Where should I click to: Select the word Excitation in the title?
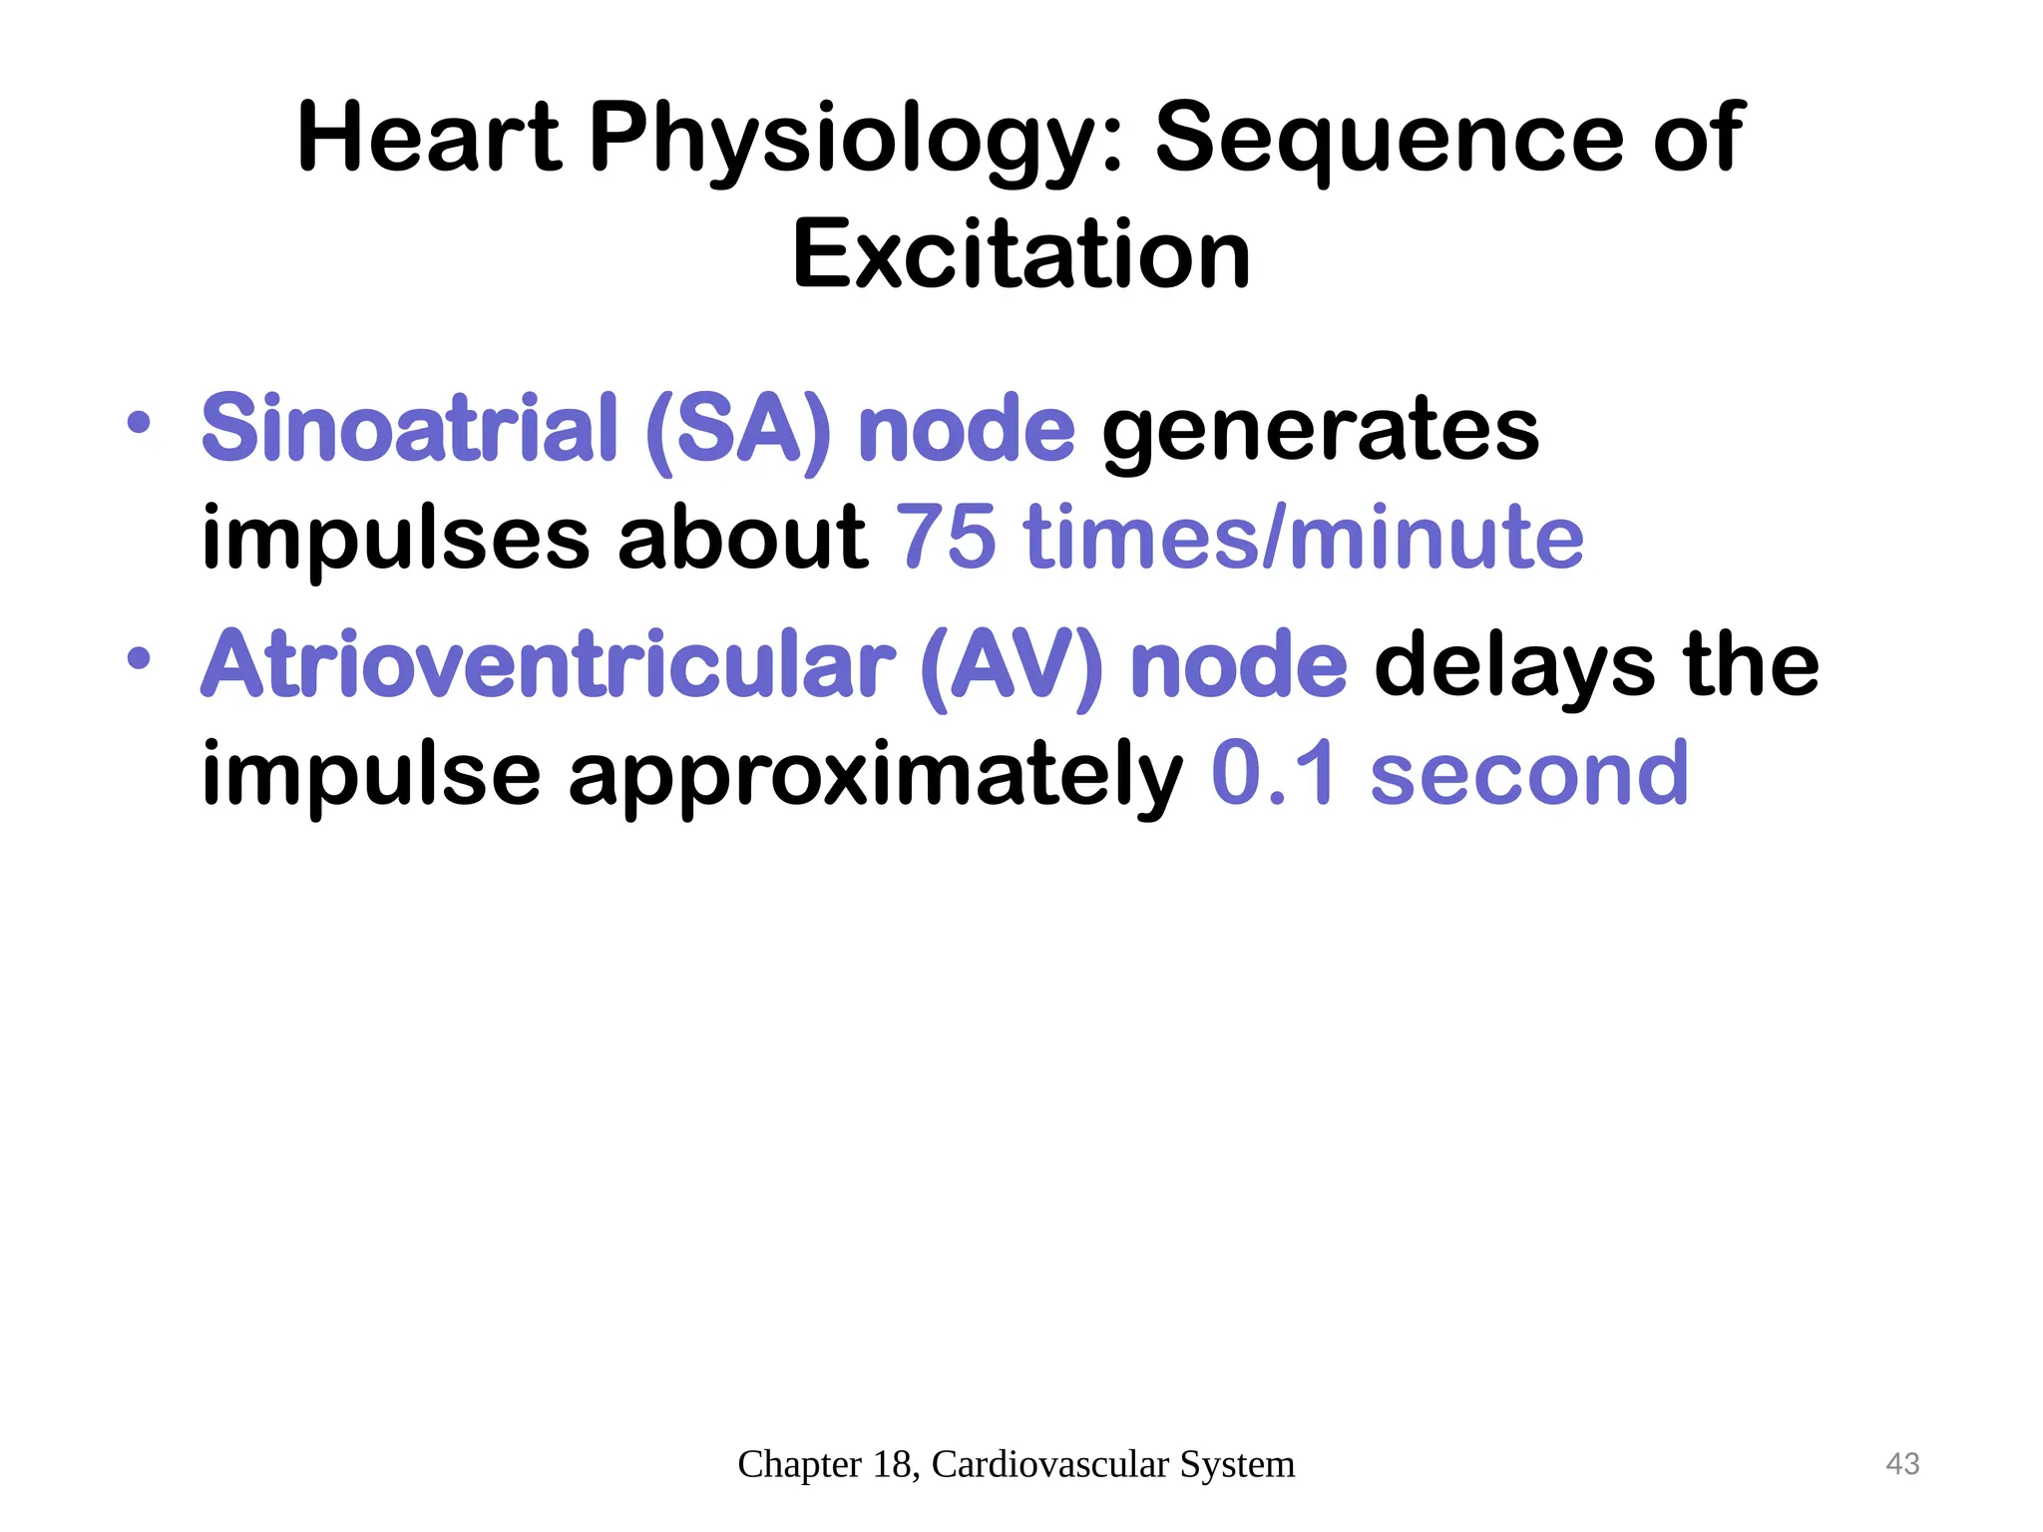[x=1021, y=255]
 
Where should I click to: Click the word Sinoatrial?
[x=410, y=429]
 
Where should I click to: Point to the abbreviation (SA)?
[x=737, y=431]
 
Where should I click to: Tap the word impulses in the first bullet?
[x=395, y=539]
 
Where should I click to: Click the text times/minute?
[x=1303, y=539]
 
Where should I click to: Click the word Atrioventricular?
[x=548, y=666]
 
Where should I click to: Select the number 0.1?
[x=1273, y=774]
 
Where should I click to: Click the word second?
[x=1528, y=774]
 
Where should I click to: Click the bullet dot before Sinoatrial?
[x=139, y=422]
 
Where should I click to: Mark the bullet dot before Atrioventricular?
[x=139, y=658]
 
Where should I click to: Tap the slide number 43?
[x=1902, y=1463]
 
